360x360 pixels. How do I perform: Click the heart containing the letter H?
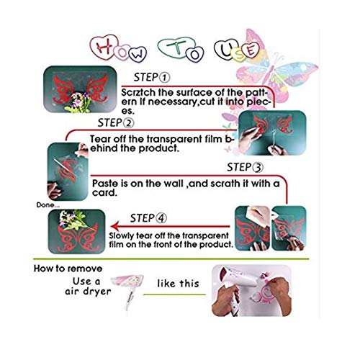[x=104, y=47]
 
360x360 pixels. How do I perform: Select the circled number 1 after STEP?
[x=164, y=78]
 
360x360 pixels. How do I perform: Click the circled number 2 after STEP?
[x=129, y=123]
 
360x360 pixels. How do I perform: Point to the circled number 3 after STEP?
[x=258, y=168]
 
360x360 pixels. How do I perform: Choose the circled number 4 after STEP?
[x=161, y=218]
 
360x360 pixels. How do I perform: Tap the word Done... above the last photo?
[x=48, y=205]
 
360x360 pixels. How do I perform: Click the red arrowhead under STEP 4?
[x=114, y=227]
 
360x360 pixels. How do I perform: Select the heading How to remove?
[x=68, y=269]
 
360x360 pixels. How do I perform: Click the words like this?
[x=178, y=284]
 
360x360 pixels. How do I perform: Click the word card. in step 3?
[x=104, y=193]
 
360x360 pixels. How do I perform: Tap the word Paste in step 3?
[x=105, y=184]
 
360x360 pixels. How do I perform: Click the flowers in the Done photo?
[x=73, y=220]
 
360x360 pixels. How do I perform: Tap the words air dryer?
[x=88, y=292]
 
